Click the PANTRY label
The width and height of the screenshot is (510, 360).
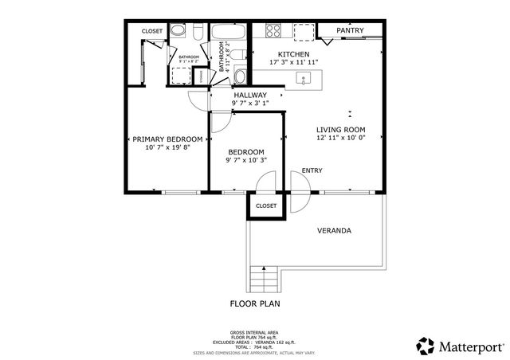pyautogui.click(x=350, y=30)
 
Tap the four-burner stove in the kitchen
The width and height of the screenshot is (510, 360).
pyautogui.click(x=273, y=31)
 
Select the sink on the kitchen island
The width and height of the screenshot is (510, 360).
pyautogui.click(x=304, y=78)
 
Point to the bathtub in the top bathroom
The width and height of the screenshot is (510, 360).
pyautogui.click(x=229, y=32)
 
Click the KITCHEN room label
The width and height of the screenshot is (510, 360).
pyautogui.click(x=272, y=53)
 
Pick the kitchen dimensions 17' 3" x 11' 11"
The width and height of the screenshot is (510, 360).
pyautogui.click(x=272, y=62)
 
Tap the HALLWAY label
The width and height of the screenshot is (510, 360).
pyautogui.click(x=250, y=95)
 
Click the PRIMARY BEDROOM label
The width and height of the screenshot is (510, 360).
pyautogui.click(x=167, y=139)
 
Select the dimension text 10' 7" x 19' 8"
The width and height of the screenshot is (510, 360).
pyautogui.click(x=167, y=147)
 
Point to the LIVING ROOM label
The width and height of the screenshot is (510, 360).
pyautogui.click(x=340, y=129)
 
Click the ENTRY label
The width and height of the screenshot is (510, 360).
pyautogui.click(x=312, y=170)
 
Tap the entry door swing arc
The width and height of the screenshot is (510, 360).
pyautogui.click(x=300, y=194)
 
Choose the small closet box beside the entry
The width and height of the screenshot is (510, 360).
pyautogui.click(x=265, y=205)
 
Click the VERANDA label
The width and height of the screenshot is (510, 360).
pyautogui.click(x=335, y=231)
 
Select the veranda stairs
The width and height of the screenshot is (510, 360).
pyautogui.click(x=264, y=279)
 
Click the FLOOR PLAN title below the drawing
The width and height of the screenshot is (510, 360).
pyautogui.click(x=255, y=303)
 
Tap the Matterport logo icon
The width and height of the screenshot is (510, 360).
pyautogui.click(x=426, y=345)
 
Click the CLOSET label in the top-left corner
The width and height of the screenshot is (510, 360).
pyautogui.click(x=152, y=31)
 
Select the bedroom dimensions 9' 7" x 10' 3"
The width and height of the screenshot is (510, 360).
pyautogui.click(x=246, y=160)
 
